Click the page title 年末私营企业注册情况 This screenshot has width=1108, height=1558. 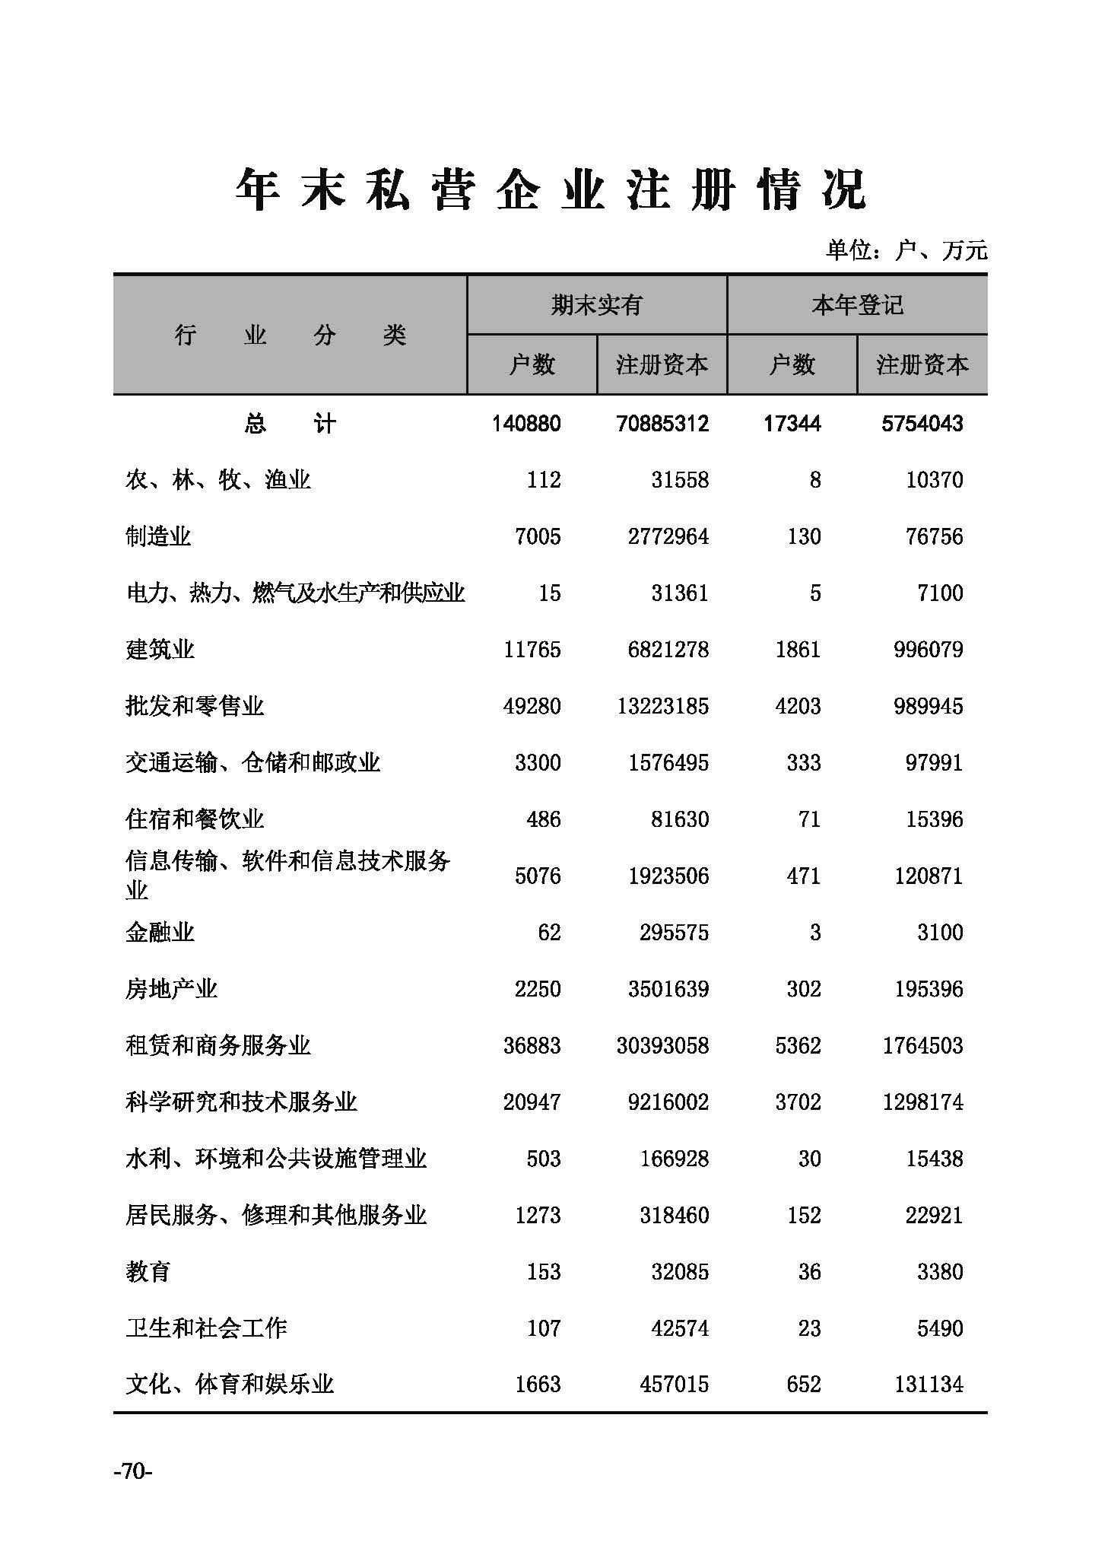coord(551,189)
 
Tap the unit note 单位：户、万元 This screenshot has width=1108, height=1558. coord(906,250)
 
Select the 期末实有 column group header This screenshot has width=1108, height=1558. coord(596,305)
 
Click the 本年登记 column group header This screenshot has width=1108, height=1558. coord(857,305)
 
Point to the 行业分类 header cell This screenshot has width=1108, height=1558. coord(290,335)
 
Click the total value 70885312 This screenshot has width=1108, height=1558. coord(662,424)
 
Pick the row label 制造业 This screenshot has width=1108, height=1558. coord(158,536)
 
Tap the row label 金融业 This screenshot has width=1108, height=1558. coord(160,932)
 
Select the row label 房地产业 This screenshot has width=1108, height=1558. coord(171,988)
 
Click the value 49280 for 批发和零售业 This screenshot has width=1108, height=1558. coord(532,706)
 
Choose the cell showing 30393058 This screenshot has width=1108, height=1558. coord(662,1045)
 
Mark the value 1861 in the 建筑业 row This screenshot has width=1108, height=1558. coord(798,650)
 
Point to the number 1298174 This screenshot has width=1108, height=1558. coord(922,1102)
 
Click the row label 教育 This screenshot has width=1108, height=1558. coord(148,1271)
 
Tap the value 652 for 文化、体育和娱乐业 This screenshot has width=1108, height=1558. coord(803,1384)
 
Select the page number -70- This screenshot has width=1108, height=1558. coord(132,1472)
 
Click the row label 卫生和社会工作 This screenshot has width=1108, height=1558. coord(206,1327)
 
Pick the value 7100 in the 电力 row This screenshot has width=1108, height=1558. coord(940,593)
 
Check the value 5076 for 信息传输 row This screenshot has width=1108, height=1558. coord(537,876)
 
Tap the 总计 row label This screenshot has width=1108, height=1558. coord(290,424)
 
